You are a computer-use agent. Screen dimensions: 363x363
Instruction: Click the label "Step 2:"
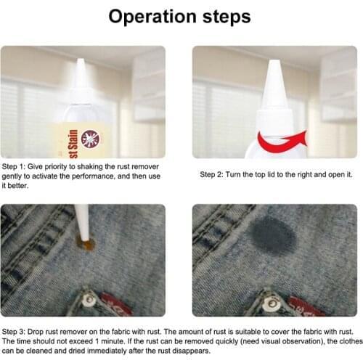point(214,175)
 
